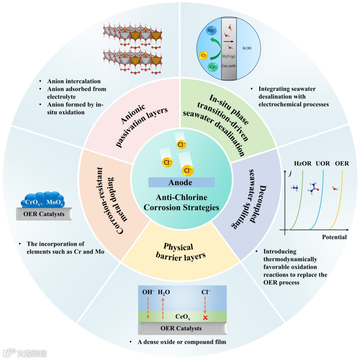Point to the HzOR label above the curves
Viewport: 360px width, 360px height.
tap(303, 163)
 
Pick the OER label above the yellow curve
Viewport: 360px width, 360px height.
tap(342, 163)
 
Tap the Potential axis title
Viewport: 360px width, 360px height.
tap(334, 237)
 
